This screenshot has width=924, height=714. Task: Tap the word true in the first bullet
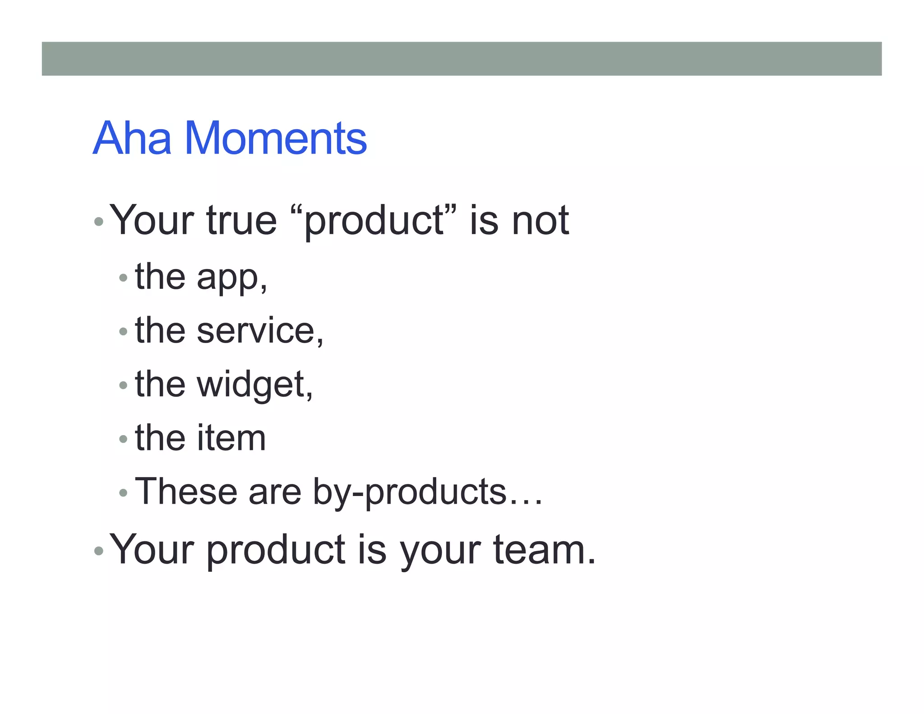pos(241,221)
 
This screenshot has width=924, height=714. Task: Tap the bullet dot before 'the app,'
pos(123,278)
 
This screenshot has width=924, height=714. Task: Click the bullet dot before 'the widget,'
pos(123,385)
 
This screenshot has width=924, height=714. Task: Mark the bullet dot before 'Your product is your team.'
pos(99,551)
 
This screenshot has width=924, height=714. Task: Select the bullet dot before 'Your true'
pos(99,222)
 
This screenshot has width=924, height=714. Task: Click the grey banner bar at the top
pos(462,59)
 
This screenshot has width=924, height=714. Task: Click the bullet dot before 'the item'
pos(123,439)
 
